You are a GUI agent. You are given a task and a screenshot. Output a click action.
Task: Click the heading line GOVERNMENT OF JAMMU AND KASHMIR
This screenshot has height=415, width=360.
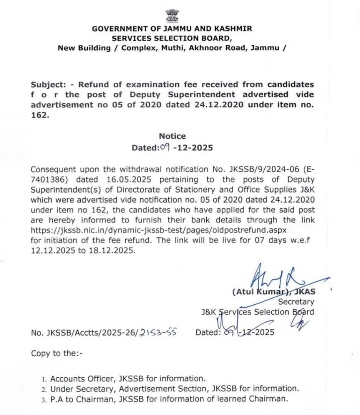click(172, 30)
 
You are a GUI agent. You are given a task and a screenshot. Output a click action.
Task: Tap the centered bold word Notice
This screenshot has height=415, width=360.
click(172, 137)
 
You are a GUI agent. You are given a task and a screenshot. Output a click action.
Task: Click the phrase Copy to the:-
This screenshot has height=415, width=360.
click(56, 353)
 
